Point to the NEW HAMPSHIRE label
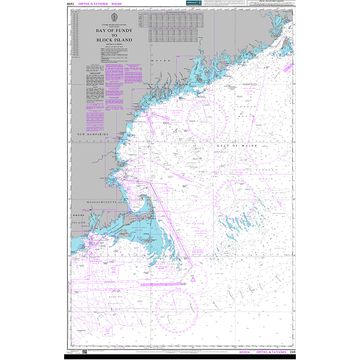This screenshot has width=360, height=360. pos(92,134)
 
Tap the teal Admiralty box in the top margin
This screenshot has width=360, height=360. pos(192,4)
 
